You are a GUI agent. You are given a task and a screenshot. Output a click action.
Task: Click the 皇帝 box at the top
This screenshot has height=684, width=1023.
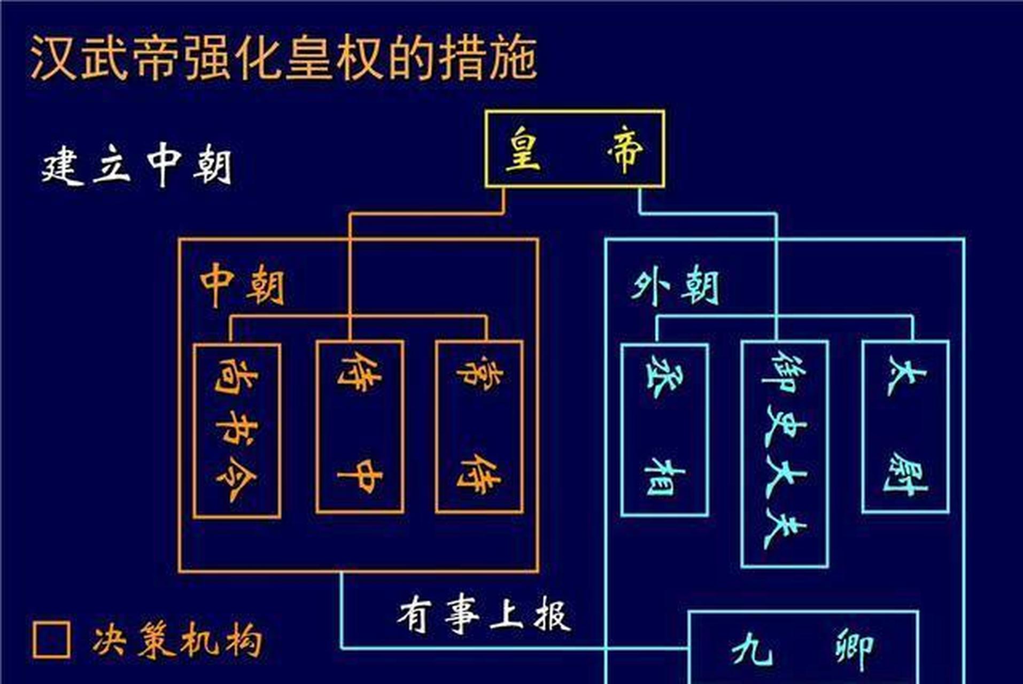(x=575, y=149)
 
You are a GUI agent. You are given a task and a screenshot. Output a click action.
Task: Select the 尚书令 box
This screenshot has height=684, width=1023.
(x=237, y=430)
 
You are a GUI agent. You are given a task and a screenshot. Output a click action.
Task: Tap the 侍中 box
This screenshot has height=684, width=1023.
(x=359, y=426)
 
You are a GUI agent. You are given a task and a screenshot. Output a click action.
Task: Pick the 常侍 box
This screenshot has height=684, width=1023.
(x=479, y=426)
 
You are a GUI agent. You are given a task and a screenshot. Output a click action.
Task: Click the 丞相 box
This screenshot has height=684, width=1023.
(x=664, y=430)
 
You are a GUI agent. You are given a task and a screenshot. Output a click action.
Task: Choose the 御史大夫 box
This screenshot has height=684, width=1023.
(x=785, y=453)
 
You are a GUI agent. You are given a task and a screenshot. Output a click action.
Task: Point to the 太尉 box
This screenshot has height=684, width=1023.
(x=905, y=426)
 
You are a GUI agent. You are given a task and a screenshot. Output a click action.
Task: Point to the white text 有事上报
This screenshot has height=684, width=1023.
(x=484, y=615)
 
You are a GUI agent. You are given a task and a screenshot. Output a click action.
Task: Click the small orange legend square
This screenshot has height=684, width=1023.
(x=51, y=640)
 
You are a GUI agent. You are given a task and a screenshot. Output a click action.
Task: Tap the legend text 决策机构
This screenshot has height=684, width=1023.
(x=178, y=640)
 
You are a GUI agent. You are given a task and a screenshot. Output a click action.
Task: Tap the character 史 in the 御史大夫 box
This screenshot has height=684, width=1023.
(x=785, y=425)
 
